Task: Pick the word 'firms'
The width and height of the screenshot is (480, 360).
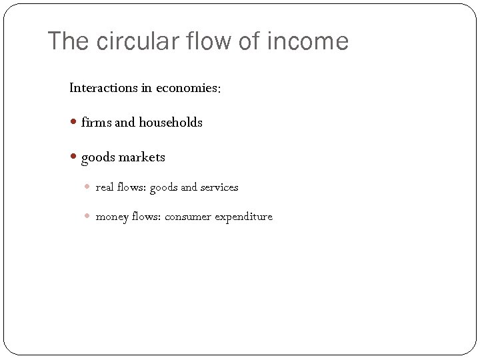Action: point(96,123)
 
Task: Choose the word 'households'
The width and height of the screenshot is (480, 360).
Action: point(171,123)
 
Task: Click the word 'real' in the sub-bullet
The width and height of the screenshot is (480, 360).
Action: point(105,187)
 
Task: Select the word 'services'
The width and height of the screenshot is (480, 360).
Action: point(219,187)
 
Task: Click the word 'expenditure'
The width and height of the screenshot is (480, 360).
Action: point(243,217)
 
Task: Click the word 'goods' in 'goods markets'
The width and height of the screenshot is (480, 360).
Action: point(97,158)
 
